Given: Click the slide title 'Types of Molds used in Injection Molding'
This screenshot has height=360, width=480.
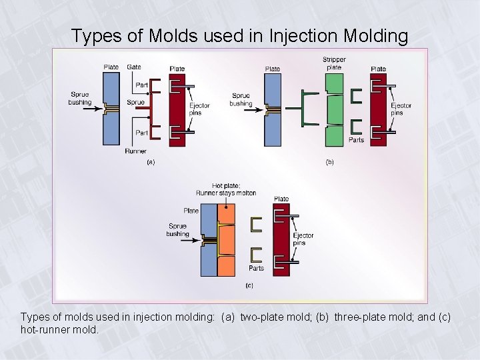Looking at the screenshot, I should point(239,35).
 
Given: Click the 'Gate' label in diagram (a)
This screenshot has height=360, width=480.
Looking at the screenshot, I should point(133,67).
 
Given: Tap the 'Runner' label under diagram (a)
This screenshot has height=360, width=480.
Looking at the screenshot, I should point(135,151).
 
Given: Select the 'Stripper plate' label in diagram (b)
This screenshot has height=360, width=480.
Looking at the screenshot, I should point(334,63).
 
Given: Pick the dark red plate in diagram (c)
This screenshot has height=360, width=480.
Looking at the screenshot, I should point(281,237).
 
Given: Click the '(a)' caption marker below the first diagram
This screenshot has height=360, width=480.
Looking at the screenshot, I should point(151,162).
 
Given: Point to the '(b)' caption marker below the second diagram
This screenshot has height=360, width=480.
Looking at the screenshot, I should point(329,162).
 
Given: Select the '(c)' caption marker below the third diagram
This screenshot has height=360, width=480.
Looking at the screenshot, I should point(249,285).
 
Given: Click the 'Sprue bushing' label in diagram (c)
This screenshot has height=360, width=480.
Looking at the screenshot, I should point(178,230).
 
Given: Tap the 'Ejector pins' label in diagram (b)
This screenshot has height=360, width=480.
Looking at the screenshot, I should point(401,109).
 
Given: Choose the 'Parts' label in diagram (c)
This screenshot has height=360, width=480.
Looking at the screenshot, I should point(256,268).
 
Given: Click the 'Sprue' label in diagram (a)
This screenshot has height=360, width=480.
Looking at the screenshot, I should point(135,103).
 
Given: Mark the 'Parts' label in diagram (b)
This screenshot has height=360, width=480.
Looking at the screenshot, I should point(357,140).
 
